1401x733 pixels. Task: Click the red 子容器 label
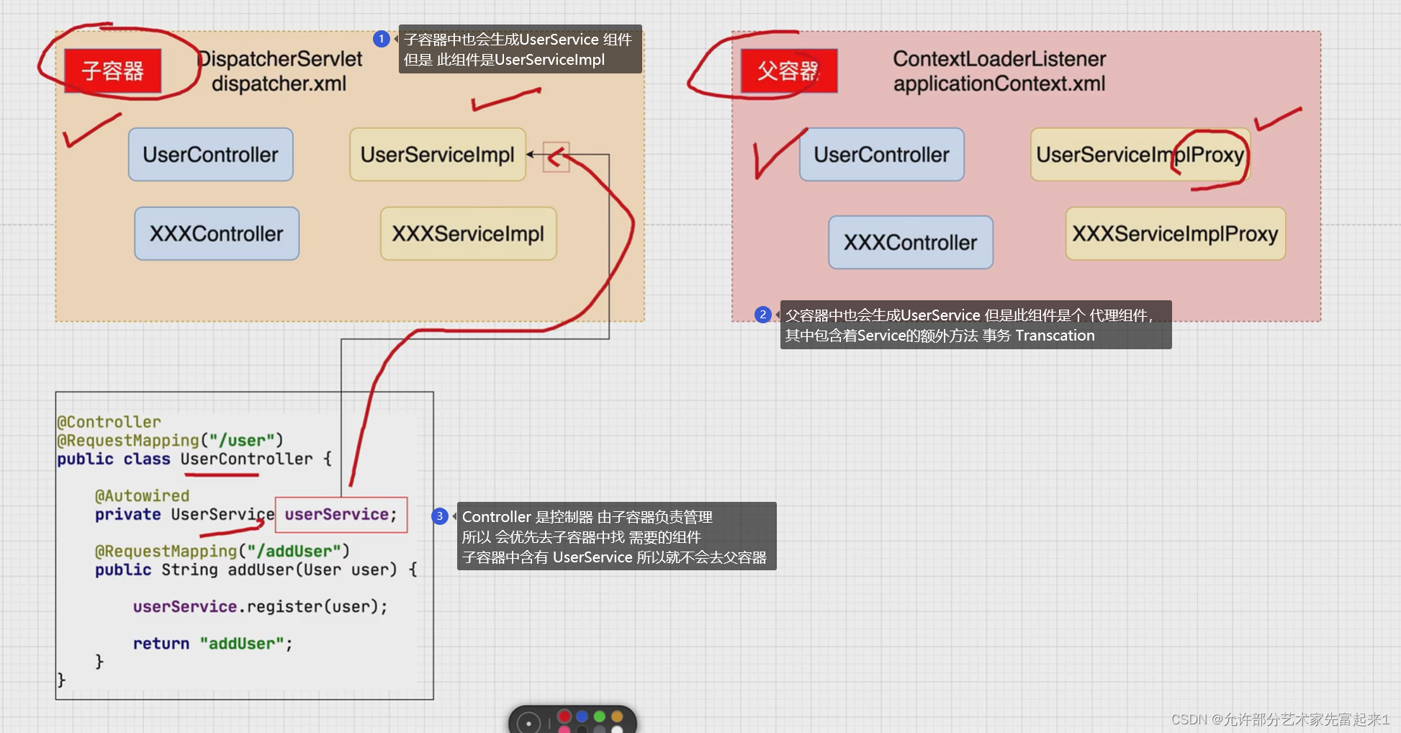tap(112, 71)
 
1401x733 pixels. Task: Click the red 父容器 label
tap(788, 71)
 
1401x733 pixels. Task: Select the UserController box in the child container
tap(210, 155)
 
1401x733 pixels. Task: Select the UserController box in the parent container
tap(881, 155)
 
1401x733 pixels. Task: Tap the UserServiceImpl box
tap(437, 155)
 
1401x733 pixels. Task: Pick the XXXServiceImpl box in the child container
tap(468, 234)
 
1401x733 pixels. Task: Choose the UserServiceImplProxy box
tap(1140, 155)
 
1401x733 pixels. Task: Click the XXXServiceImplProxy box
tap(1175, 234)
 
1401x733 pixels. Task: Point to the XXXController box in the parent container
tap(910, 243)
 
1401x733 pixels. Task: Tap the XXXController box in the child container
tap(216, 234)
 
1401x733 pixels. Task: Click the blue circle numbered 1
tap(382, 39)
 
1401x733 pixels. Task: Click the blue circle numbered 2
tap(763, 315)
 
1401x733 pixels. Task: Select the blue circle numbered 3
tap(440, 516)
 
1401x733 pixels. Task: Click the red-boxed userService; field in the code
tap(341, 515)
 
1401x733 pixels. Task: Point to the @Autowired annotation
tap(142, 496)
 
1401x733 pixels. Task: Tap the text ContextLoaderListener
tap(999, 59)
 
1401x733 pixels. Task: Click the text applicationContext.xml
tap(999, 84)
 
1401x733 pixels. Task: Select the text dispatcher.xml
tap(279, 84)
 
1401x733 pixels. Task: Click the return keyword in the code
tap(161, 644)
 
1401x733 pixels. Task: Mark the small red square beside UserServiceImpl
tap(556, 156)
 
